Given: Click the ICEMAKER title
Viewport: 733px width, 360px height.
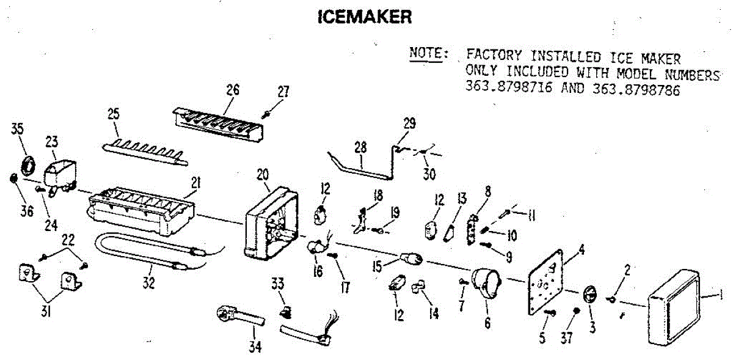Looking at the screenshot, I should [365, 17].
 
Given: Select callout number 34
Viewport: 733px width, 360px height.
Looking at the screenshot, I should [255, 347].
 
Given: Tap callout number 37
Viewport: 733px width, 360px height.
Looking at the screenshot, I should [567, 337].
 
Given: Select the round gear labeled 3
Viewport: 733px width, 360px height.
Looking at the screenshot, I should [590, 294].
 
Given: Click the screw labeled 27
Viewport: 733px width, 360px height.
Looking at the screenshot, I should [268, 113].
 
